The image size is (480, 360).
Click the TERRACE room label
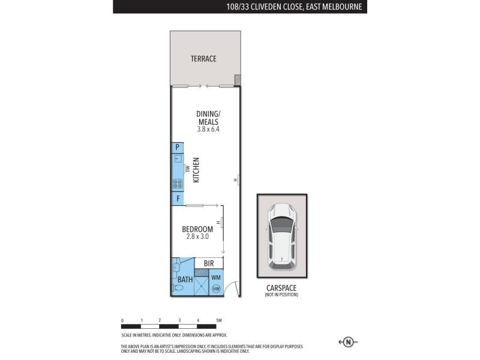coord(203,59)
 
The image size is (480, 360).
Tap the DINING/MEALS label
coord(203,118)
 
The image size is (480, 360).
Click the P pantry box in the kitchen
coord(178,147)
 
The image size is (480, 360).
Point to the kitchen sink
coord(178,159)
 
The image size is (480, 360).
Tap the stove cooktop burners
coord(178,184)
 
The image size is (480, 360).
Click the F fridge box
coord(178,199)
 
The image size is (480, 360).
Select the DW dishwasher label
coord(187,170)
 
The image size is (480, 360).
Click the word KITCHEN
coord(196,170)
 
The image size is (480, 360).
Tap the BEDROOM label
coord(197,229)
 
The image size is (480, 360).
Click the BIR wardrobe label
coord(209,263)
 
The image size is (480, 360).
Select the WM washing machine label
coord(216,278)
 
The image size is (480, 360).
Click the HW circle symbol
coord(216,289)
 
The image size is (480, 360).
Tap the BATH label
coord(185,280)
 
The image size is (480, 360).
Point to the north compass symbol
coord(347,342)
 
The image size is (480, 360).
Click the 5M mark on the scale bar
coord(219,320)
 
